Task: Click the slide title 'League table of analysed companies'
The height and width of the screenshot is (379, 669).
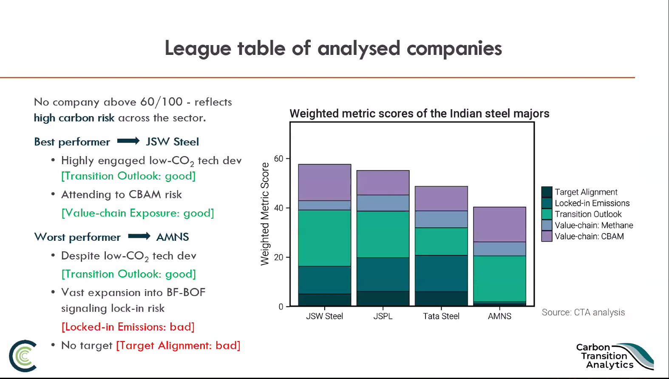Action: pos(333,48)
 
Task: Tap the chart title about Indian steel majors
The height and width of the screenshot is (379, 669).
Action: pos(419,114)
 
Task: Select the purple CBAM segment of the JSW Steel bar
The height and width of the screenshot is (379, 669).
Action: pos(324,182)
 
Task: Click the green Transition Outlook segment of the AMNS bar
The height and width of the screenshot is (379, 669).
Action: pos(499,278)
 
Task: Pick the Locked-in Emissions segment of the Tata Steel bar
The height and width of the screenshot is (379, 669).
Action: pos(441,273)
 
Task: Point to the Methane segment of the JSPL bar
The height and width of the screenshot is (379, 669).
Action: pos(383,203)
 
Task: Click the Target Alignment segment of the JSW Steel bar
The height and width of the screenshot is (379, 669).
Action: pos(324,299)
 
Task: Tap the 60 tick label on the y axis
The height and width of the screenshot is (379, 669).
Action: pos(278,159)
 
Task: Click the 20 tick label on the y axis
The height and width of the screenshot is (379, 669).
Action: pos(278,257)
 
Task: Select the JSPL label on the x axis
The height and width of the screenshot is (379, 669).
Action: pos(383,316)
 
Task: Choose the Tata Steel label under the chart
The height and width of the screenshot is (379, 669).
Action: pos(441,316)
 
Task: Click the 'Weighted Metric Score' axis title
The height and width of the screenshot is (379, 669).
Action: pos(265,214)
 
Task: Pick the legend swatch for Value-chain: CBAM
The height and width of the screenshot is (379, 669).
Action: pos(547,236)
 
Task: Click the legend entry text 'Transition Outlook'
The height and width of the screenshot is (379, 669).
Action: pos(588,214)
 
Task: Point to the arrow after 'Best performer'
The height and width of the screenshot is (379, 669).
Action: pos(128,141)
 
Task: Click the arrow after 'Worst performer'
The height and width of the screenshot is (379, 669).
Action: pos(139,236)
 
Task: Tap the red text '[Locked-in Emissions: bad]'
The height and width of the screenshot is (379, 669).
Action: pos(128,327)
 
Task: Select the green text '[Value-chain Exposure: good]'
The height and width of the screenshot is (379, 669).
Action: pos(138,213)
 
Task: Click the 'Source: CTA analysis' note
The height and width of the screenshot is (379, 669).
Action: pos(583,312)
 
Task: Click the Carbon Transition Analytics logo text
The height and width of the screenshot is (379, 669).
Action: pos(605,356)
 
